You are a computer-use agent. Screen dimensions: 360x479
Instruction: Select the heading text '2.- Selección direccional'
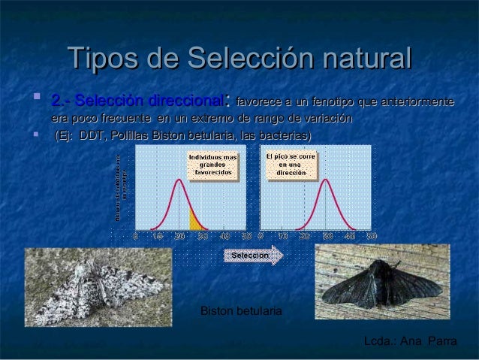point(137,100)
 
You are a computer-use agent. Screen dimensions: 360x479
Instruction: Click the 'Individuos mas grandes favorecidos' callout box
point(212,164)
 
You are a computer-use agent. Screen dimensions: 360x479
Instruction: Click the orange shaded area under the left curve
point(196,222)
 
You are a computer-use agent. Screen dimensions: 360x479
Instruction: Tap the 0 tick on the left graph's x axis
point(135,235)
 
